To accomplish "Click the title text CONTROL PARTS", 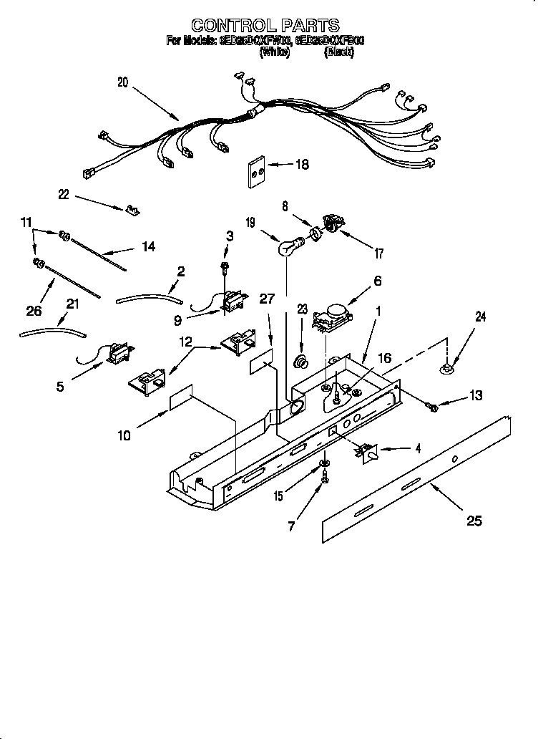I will pos(265,26).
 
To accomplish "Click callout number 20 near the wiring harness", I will pos(123,82).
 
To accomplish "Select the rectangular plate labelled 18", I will pos(259,172).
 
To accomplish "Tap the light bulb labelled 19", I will pos(288,247).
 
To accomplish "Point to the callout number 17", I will pos(379,253).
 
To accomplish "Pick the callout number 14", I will pos(148,247).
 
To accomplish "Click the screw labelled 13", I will pos(433,407).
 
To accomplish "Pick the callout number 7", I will pos(291,528).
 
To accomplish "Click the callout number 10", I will pos(124,435).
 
